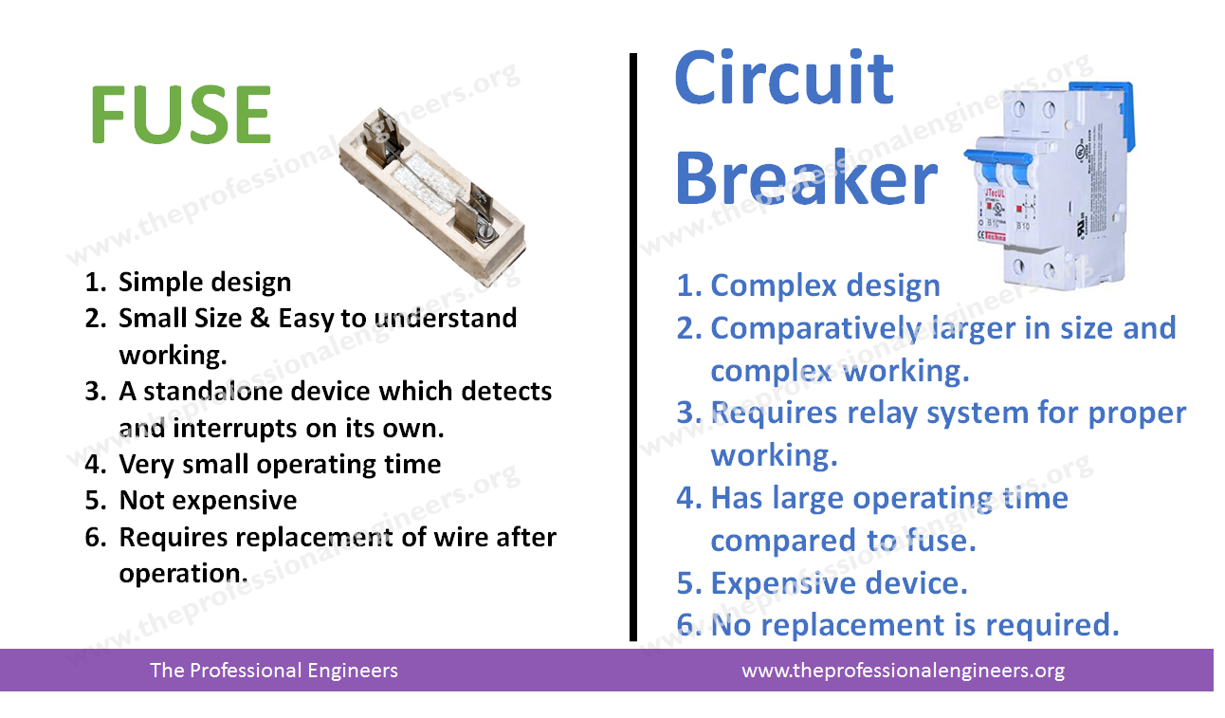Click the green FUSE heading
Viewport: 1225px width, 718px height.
[181, 115]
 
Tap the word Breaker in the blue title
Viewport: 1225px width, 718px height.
[807, 178]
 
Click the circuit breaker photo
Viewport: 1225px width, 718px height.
[1049, 185]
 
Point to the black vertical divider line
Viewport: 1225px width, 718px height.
[633, 347]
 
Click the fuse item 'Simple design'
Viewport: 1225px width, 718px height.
[205, 283]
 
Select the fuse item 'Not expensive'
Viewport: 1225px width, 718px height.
[208, 500]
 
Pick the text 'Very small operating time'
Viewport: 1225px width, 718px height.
[280, 465]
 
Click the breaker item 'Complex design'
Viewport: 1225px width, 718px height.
[825, 285]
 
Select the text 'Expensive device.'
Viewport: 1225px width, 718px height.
[839, 582]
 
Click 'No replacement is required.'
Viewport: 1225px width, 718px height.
[916, 625]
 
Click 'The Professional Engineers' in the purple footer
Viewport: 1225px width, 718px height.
[274, 671]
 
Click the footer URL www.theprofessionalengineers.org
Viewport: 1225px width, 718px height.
[903, 671]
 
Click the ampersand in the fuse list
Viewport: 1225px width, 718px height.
[261, 318]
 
